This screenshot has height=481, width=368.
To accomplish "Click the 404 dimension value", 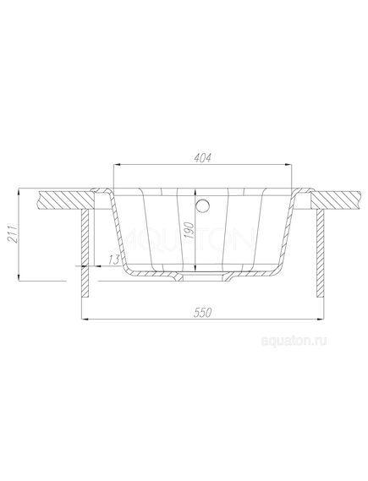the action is (202, 158).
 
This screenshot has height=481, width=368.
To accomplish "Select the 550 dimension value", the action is (202, 313).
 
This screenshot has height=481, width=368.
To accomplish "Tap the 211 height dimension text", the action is (12, 234).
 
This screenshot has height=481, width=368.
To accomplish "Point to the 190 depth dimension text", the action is (190, 230).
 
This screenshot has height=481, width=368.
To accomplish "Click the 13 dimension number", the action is (114, 260).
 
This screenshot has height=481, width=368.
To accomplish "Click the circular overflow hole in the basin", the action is (202, 205).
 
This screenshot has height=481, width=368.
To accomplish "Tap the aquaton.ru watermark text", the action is (294, 341).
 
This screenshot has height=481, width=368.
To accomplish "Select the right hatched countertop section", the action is (336, 200).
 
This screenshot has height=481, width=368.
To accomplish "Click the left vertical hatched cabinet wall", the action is (85, 254).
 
